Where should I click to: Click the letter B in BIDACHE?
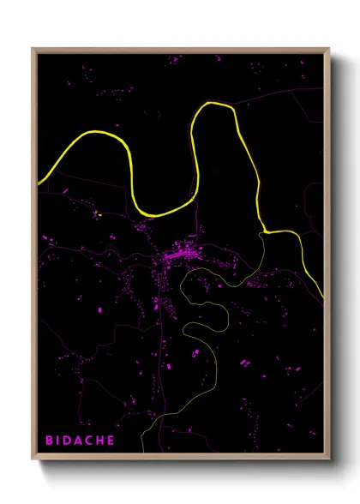pyautogui.click(x=49, y=440)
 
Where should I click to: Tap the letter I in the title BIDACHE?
pyautogui.click(x=60, y=440)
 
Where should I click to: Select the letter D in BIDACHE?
pyautogui.click(x=70, y=440)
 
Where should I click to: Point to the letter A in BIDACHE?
pyautogui.click(x=82, y=440)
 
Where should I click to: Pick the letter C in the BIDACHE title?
pyautogui.click(x=94, y=440)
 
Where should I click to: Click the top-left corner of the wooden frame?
pyautogui.click(x=33, y=48)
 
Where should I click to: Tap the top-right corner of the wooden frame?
pyautogui.click(x=329, y=48)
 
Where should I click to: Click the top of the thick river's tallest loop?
pyautogui.click(x=214, y=103)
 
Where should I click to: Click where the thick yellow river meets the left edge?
pyautogui.click(x=39, y=183)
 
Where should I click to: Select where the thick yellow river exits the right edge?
pyautogui.click(x=323, y=297)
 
